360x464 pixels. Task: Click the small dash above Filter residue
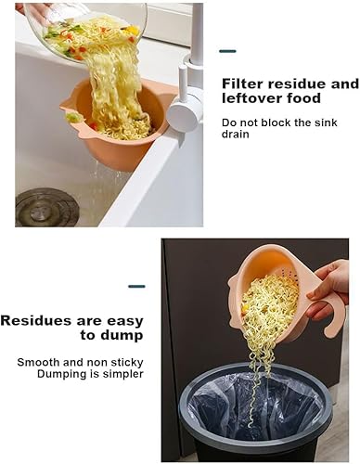click(227, 51)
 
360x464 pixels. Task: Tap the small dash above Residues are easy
click(136, 286)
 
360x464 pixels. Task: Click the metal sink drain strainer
click(46, 206)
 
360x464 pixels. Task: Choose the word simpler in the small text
click(122, 374)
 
